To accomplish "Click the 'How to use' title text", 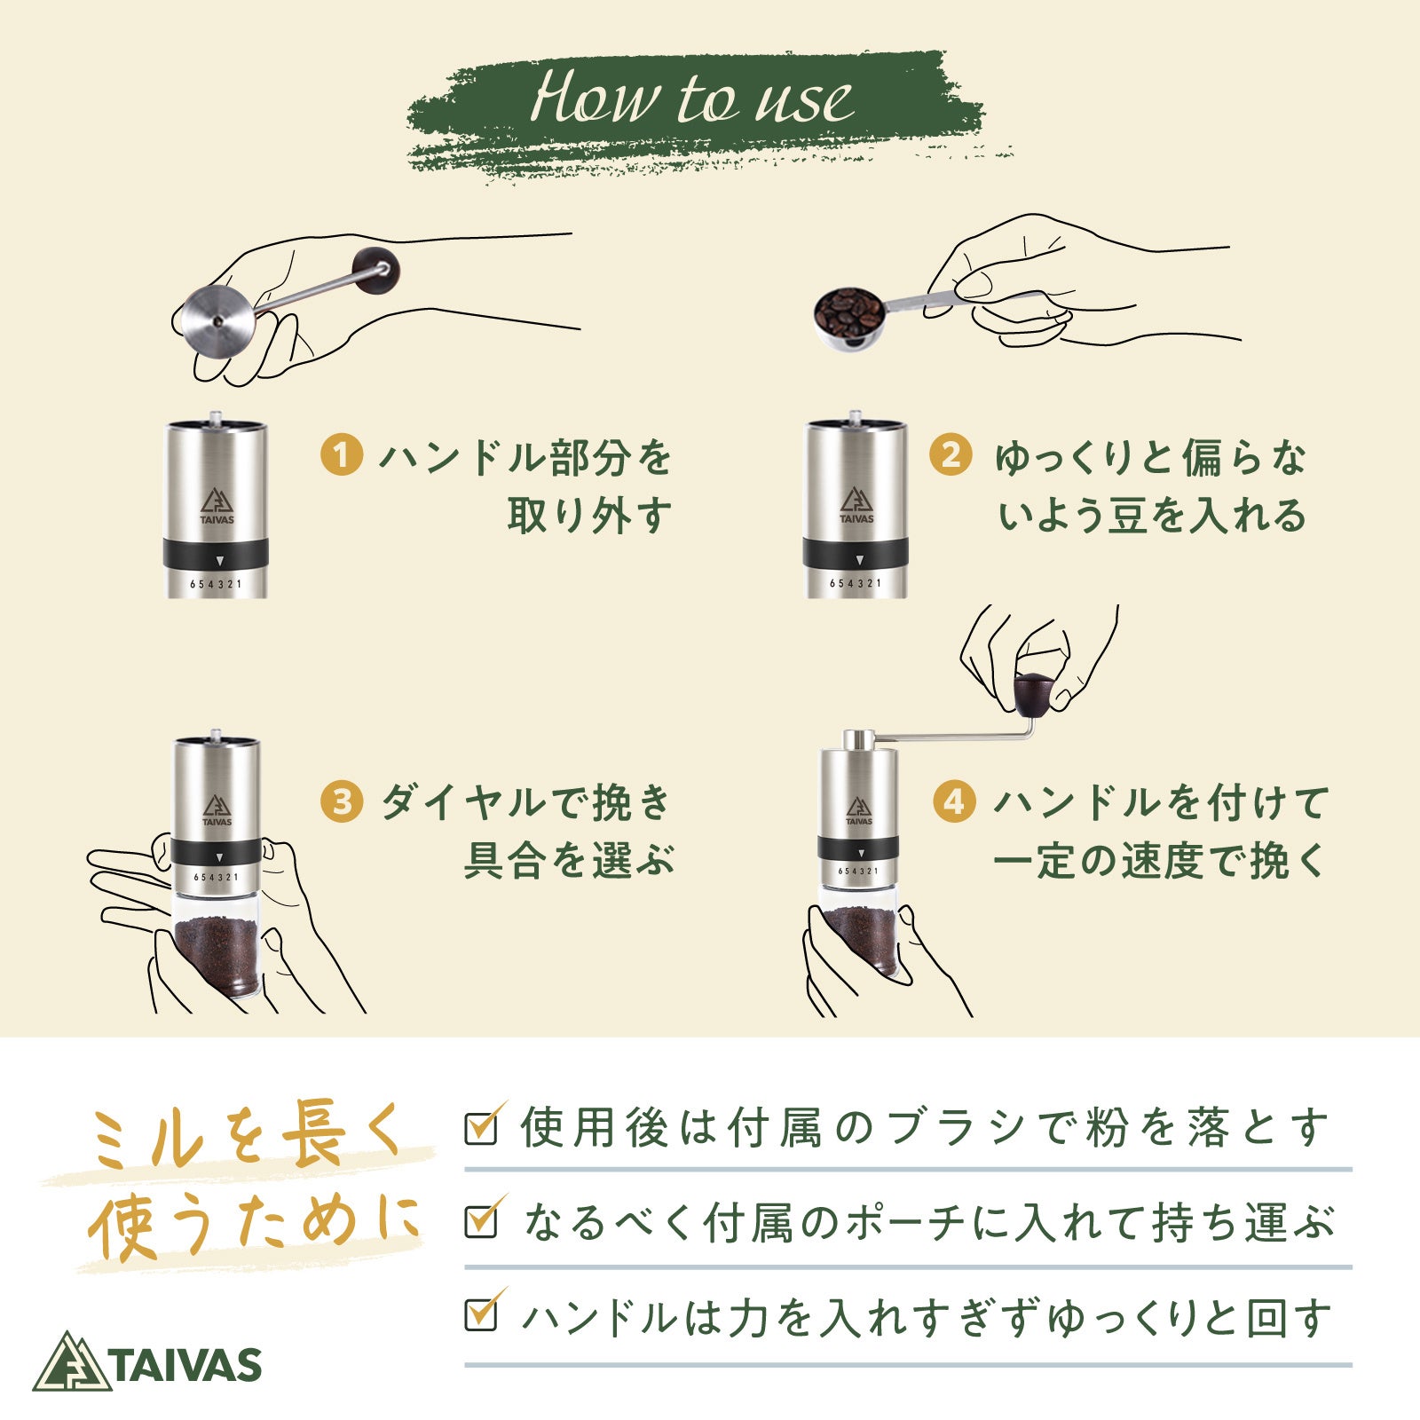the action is pyautogui.click(x=691, y=97).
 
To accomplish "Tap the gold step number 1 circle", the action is pyautogui.click(x=342, y=455).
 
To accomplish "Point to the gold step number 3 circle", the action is pyautogui.click(x=342, y=801).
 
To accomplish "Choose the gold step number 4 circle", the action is pyautogui.click(x=954, y=801).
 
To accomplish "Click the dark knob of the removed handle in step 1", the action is pyautogui.click(x=375, y=271).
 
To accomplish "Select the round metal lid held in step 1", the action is pyautogui.click(x=217, y=319).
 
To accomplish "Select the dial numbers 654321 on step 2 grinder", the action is pyautogui.click(x=856, y=583).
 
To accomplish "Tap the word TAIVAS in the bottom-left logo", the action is pyautogui.click(x=187, y=1364).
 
